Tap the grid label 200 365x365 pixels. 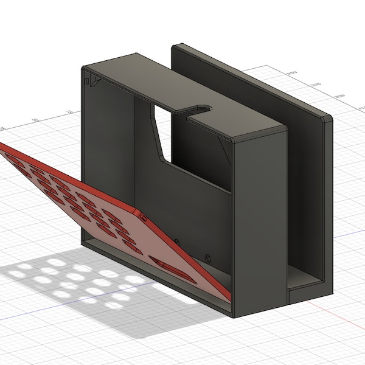tap(339, 97)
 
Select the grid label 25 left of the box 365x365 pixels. tap(69, 112)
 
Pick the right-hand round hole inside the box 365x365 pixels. tap(209, 255)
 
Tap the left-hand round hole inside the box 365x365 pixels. tap(177, 242)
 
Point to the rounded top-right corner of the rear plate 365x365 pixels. tap(329, 121)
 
